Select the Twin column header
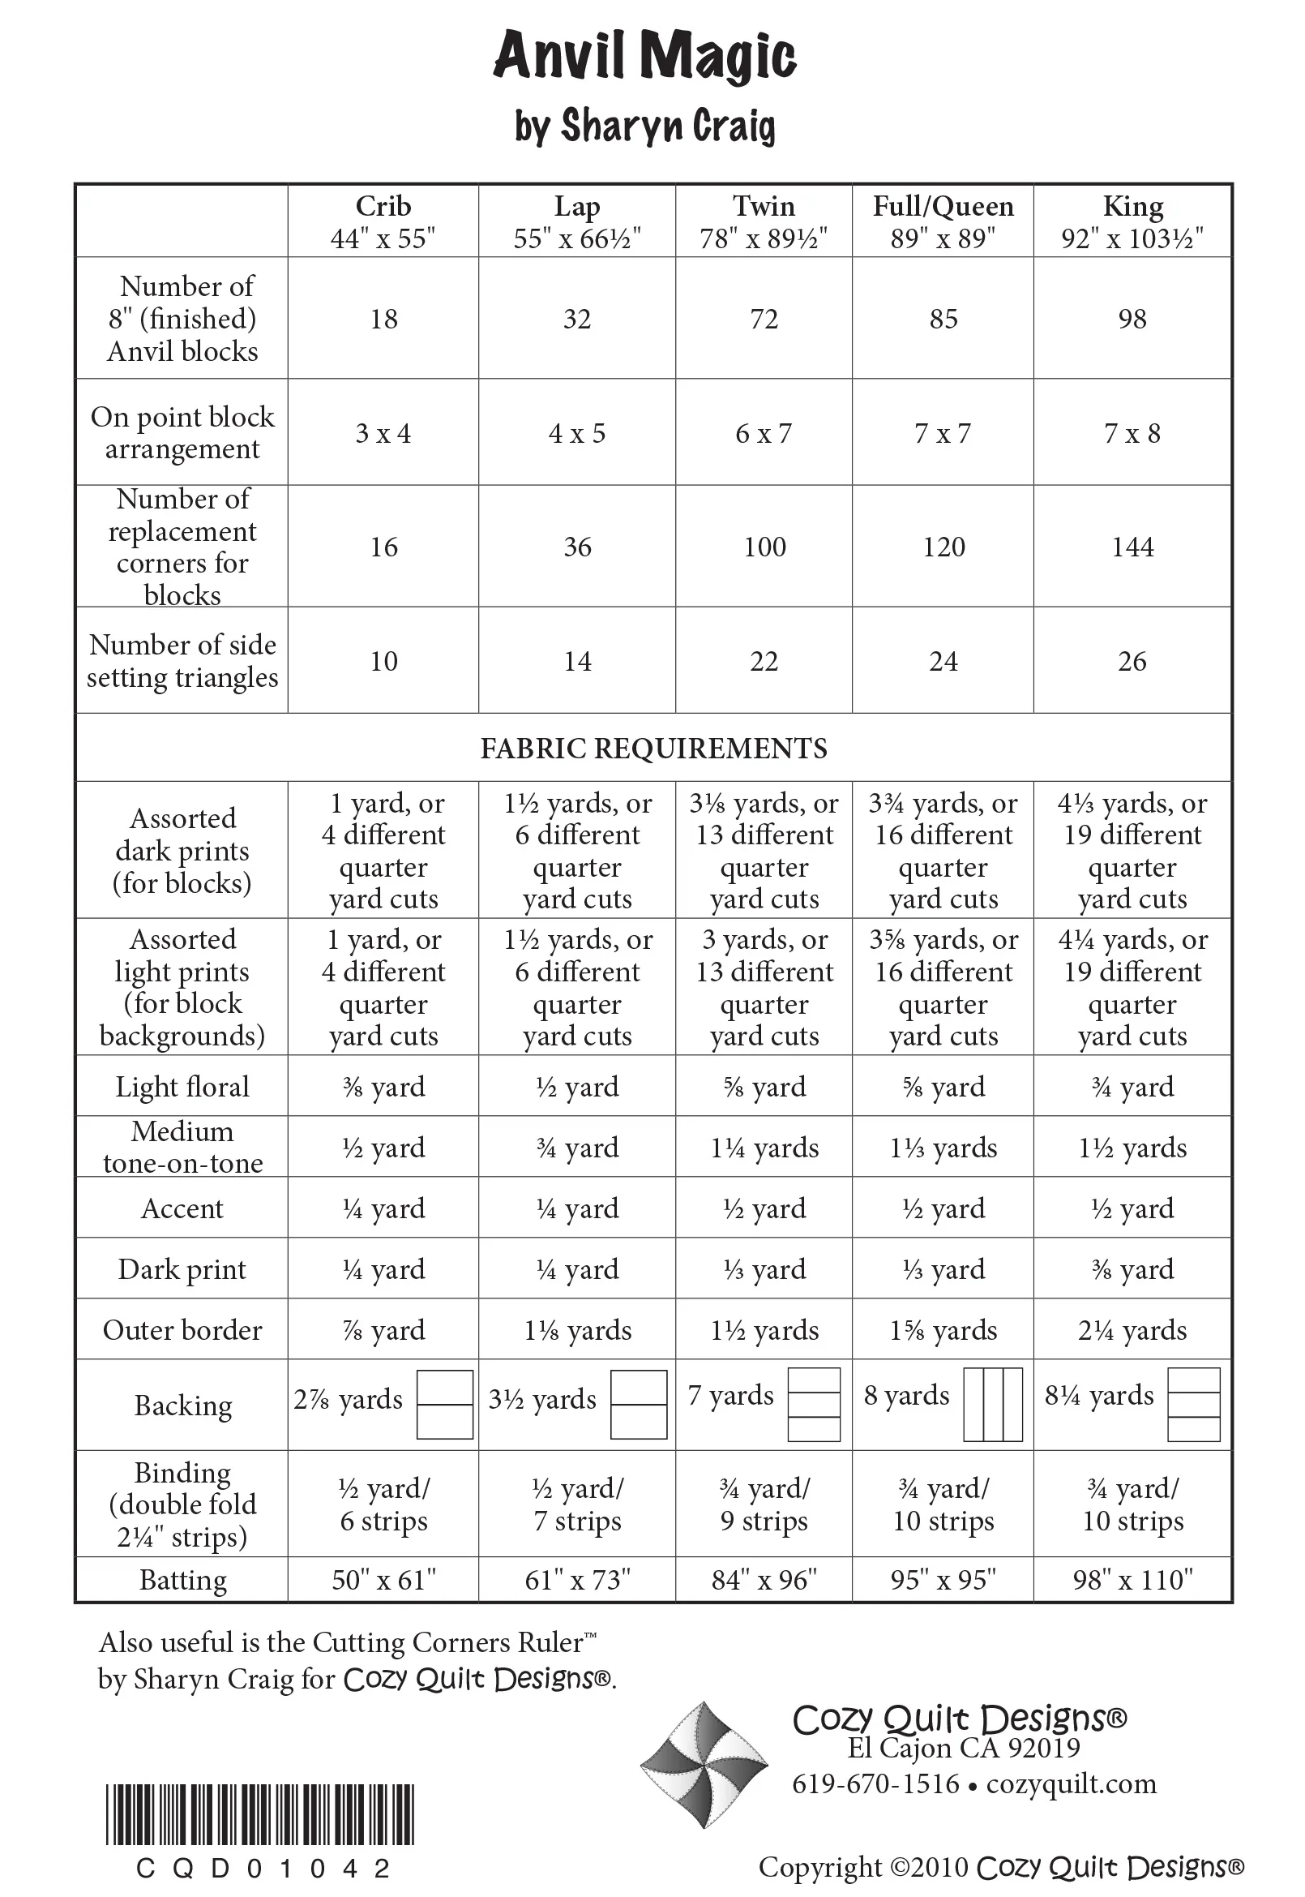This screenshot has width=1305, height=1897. (x=764, y=221)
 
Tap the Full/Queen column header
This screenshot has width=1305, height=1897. (x=943, y=221)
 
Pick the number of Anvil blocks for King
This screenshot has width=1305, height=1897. (x=1132, y=318)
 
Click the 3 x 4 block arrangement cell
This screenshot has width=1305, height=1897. (x=383, y=433)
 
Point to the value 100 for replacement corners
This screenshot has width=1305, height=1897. (x=764, y=547)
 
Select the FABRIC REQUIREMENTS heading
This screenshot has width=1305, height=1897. (x=653, y=748)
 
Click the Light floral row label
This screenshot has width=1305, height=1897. (x=182, y=1086)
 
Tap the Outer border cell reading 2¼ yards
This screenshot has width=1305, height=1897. (x=1132, y=1330)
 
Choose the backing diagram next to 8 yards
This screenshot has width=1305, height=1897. (x=994, y=1405)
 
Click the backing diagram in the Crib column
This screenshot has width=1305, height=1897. (x=445, y=1405)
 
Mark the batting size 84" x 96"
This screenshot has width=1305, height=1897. (x=764, y=1579)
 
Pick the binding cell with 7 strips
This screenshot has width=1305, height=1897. (x=577, y=1504)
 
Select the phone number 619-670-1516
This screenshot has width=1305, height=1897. (x=875, y=1783)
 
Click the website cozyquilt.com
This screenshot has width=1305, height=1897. (x=1071, y=1783)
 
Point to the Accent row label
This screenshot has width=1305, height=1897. (x=182, y=1208)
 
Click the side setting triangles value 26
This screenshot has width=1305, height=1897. (x=1132, y=661)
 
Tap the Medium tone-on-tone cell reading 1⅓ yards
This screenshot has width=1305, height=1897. (x=943, y=1148)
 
